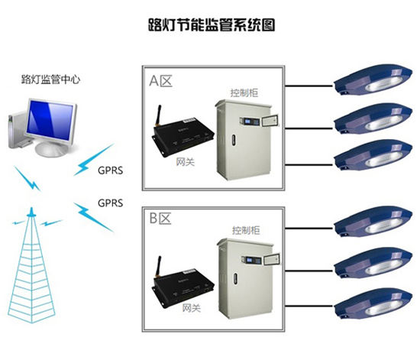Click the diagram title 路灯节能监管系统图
coord(212,25)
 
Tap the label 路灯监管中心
coord(50,79)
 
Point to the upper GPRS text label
coord(111,170)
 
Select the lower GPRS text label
coord(111,203)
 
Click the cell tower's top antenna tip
coord(32,208)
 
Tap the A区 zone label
coord(160,80)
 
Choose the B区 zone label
coord(160,218)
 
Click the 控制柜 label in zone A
coord(244,92)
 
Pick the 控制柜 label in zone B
coord(246,230)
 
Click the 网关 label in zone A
coord(185,161)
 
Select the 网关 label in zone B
coord(192,307)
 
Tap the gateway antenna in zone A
coord(157,115)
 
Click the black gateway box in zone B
coord(183,289)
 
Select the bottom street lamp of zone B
coord(373,304)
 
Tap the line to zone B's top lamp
coord(309,229)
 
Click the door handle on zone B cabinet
coord(235,280)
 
